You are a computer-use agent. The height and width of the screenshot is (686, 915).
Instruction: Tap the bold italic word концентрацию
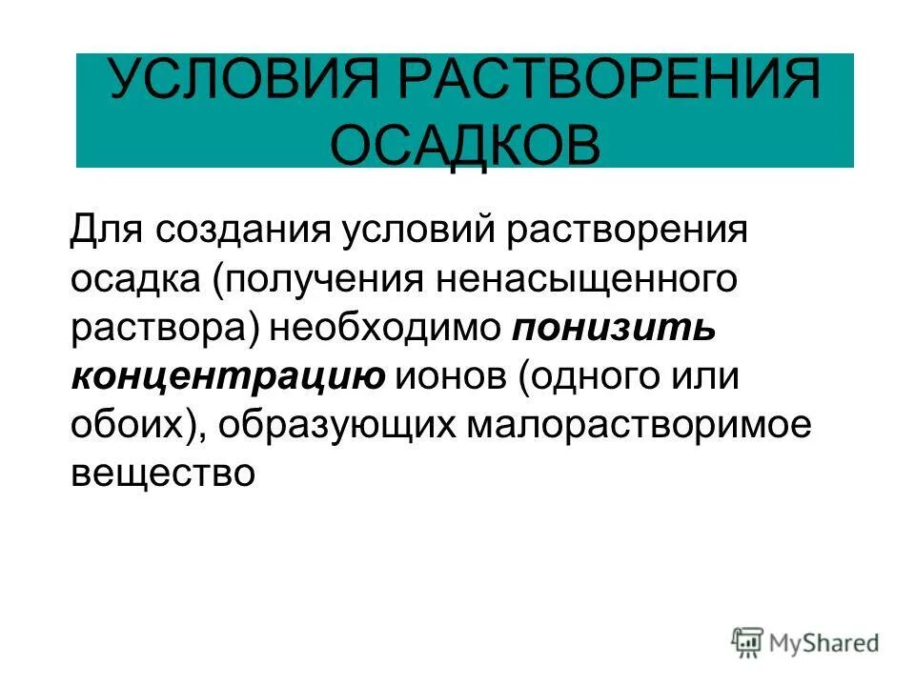[x=228, y=377]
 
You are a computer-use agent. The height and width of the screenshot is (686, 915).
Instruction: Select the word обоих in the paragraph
[x=134, y=426]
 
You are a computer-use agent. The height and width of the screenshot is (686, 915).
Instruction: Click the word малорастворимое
[x=639, y=426]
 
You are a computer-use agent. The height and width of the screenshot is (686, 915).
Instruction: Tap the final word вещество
[x=163, y=474]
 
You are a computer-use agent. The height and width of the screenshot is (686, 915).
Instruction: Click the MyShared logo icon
[x=748, y=641]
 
